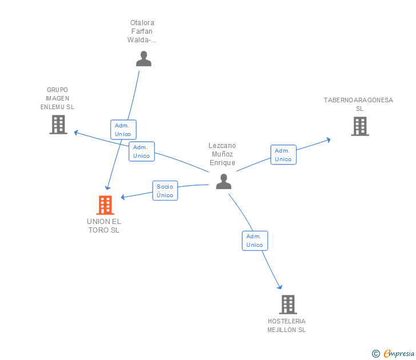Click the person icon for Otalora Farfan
click(143, 59)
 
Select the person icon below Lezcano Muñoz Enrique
click(223, 182)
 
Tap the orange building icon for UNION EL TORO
click(105, 205)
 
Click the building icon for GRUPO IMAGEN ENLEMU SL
click(58, 125)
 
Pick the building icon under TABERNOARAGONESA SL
click(360, 126)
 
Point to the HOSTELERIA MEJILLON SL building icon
click(288, 305)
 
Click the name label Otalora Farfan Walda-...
click(142, 31)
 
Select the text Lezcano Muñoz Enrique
click(222, 154)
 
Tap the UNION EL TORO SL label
click(104, 226)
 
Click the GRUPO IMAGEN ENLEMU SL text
click(57, 98)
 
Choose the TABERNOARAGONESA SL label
click(358, 104)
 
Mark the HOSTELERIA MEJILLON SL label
click(286, 326)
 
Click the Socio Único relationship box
click(165, 190)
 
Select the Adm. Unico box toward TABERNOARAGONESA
click(283, 155)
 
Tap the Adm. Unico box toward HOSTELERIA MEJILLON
click(255, 241)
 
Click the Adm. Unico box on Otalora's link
click(123, 130)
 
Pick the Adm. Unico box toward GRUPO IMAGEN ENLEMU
click(142, 151)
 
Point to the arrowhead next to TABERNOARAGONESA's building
click(329, 140)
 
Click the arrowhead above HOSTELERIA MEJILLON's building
click(279, 286)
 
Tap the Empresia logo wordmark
click(399, 353)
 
